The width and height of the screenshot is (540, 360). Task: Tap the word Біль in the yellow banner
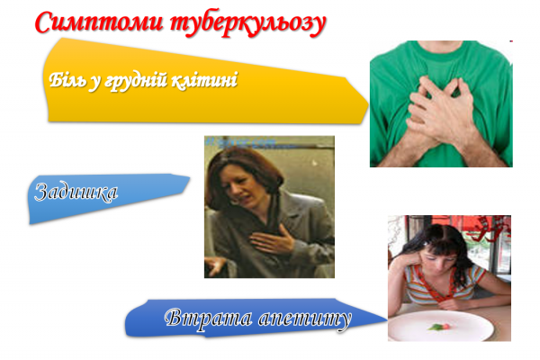69,82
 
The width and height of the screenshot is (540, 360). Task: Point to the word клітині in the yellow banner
209,81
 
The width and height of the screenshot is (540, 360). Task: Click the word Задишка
76,192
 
